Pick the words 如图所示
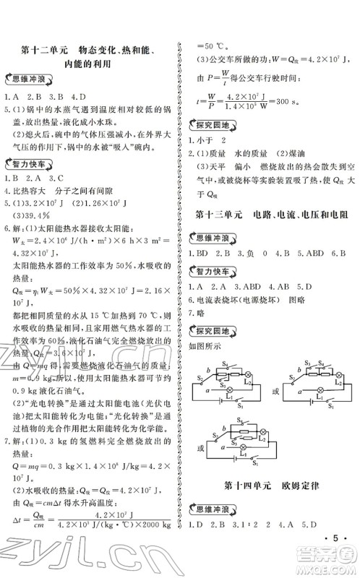click(x=205, y=346)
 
